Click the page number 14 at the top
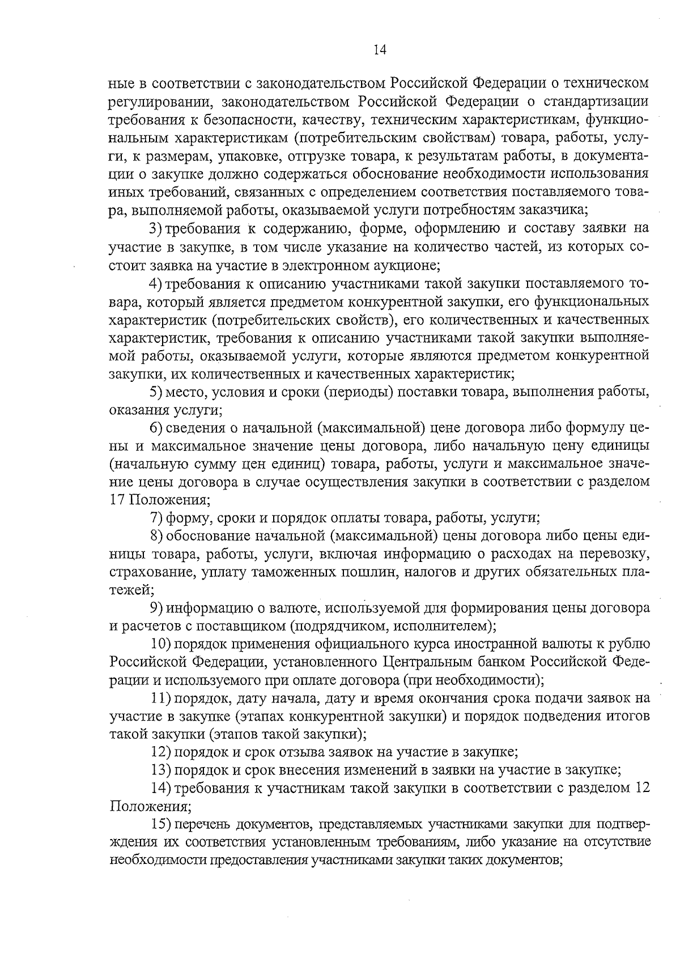(380, 50)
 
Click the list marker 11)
(160, 699)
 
